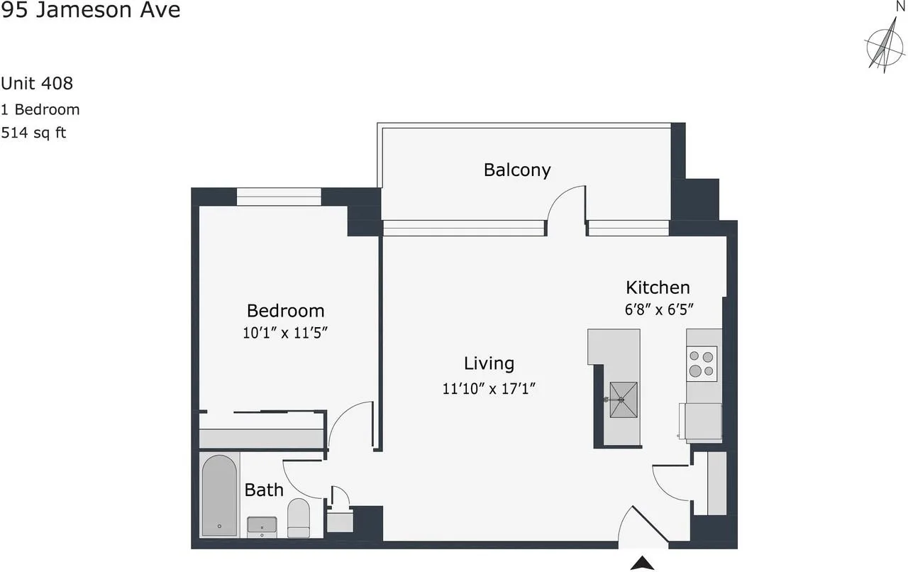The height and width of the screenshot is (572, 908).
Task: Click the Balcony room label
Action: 517,170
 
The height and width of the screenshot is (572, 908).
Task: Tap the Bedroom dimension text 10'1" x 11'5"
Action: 285,333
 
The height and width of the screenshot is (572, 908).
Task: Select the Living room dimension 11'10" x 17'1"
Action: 489,389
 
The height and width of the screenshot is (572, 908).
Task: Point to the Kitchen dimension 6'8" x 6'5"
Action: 659,309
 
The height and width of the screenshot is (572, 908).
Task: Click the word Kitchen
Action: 658,287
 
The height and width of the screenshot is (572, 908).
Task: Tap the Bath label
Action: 264,490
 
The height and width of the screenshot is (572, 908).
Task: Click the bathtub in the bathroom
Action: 219,495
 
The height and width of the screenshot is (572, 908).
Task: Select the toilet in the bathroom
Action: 299,518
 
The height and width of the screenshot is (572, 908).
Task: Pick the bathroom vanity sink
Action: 262,526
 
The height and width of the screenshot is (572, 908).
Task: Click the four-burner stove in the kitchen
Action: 702,363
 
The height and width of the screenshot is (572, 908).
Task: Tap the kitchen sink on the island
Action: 623,400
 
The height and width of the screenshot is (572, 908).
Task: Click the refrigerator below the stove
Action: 701,421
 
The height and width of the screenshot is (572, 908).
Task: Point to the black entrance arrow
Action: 642,563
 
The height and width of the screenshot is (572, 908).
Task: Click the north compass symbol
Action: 885,48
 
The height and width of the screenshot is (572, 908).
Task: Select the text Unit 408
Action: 36,84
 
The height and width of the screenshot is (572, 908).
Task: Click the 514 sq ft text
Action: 33,133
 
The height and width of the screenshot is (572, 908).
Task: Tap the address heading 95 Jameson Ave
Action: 90,10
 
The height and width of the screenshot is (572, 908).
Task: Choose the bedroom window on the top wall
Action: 279,197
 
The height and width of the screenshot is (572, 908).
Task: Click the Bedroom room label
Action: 285,311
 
